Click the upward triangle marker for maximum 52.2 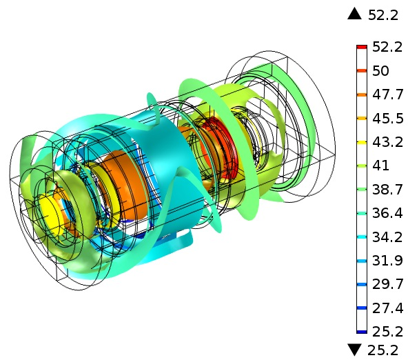tap(354, 14)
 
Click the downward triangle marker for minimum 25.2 tap(354, 350)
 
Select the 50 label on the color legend tap(380, 71)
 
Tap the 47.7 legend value tap(388, 94)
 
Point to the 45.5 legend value tap(388, 119)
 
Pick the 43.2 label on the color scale tap(388, 142)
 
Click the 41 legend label tap(380, 166)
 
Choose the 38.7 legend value tap(388, 189)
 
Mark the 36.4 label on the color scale tap(388, 213)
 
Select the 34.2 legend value tap(388, 237)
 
